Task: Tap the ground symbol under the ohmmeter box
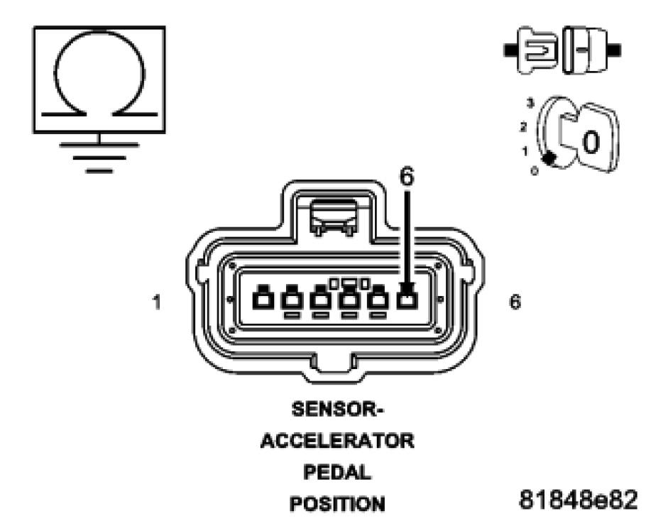pos(99,156)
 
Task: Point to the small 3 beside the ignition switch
pos(528,104)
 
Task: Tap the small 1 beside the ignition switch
pos(525,150)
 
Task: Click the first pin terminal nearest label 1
pos(263,300)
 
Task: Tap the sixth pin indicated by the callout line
pos(405,301)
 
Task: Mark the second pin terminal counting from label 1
pos(291,301)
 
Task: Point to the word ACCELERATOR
pos(334,442)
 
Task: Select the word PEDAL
pos(334,472)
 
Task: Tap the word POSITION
pos(334,503)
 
